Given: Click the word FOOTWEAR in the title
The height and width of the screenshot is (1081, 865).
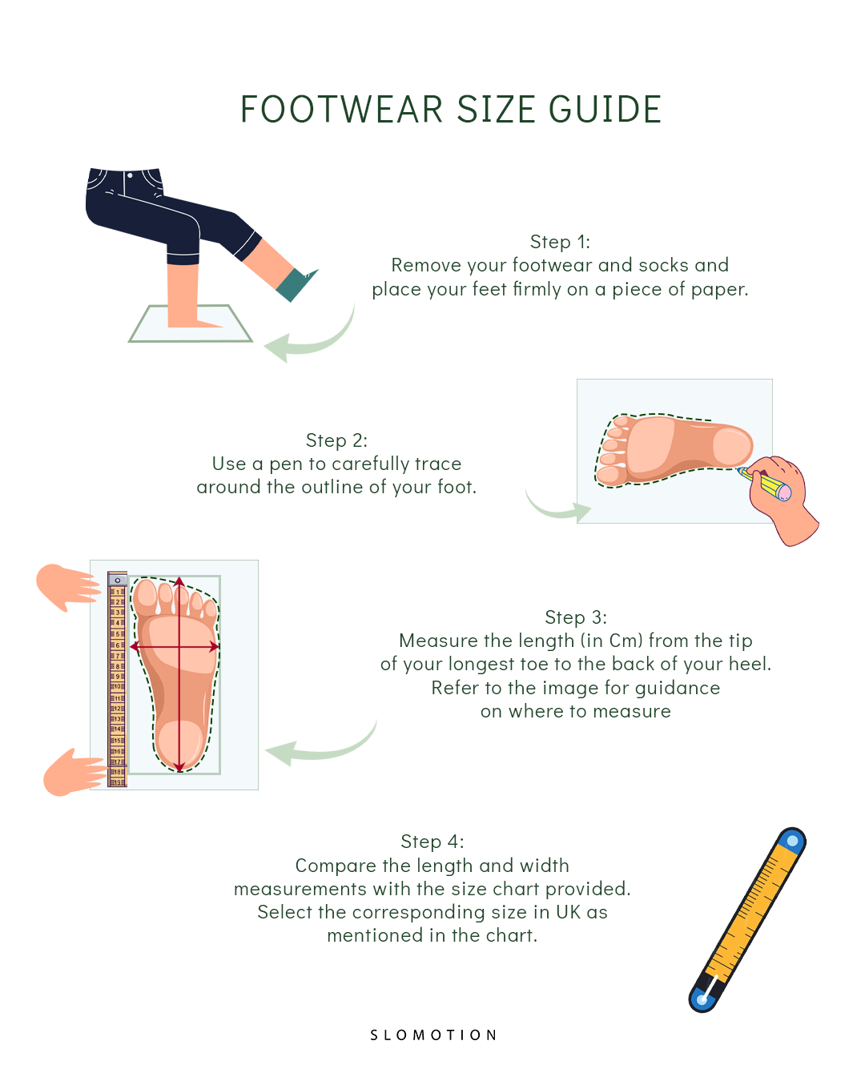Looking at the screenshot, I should (x=341, y=110).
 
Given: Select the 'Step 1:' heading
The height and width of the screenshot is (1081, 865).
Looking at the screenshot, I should (x=560, y=242).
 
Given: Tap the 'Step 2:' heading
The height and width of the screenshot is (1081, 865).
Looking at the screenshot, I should (x=336, y=440).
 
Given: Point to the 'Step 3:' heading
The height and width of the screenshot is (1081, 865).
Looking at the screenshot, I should (x=576, y=617).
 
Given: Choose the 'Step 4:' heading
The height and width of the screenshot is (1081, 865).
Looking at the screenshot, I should (x=432, y=842).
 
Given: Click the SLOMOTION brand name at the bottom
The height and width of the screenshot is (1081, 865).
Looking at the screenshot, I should (x=433, y=1035).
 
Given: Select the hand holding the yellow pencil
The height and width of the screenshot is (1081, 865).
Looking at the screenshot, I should (x=781, y=500).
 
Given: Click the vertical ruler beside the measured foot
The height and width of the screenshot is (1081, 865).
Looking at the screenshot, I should (x=118, y=681).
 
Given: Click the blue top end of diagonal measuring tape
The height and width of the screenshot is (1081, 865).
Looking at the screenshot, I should (x=792, y=842).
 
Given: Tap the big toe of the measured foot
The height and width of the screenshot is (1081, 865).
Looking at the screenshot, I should (x=146, y=595).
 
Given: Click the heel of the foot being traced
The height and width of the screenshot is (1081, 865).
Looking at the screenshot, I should (x=731, y=446).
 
